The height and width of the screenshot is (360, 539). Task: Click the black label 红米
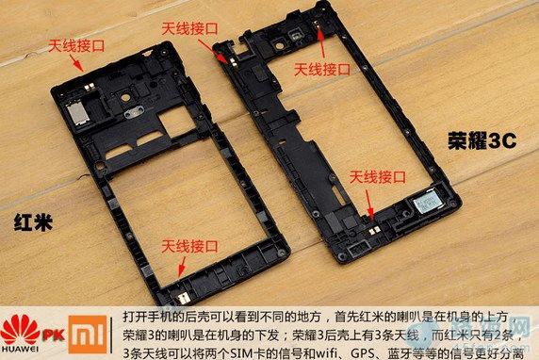pos(33,222)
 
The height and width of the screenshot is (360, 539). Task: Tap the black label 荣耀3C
pos(482,140)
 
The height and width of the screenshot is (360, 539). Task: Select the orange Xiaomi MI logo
pos(88,335)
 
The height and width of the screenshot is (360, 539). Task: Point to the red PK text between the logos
pos(54,335)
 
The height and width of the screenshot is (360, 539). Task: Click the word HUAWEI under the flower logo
pos(20,349)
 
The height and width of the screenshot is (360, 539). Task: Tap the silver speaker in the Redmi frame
pos(78,113)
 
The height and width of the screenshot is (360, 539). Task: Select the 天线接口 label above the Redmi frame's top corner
pos(76,46)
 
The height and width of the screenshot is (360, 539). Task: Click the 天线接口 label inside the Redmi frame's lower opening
pos(190,246)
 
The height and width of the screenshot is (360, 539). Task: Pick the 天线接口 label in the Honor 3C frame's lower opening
pos(378,177)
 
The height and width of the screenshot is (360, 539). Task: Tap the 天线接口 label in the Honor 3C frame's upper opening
pos(322,70)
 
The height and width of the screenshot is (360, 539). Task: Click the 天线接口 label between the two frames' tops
pos(190,28)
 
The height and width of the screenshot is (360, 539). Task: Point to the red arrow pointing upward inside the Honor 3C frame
pos(321,41)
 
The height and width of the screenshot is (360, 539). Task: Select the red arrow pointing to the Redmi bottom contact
pos(181,267)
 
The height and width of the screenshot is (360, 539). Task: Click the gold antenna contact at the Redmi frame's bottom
pos(183,298)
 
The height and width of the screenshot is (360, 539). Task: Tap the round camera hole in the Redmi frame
pos(126,98)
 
